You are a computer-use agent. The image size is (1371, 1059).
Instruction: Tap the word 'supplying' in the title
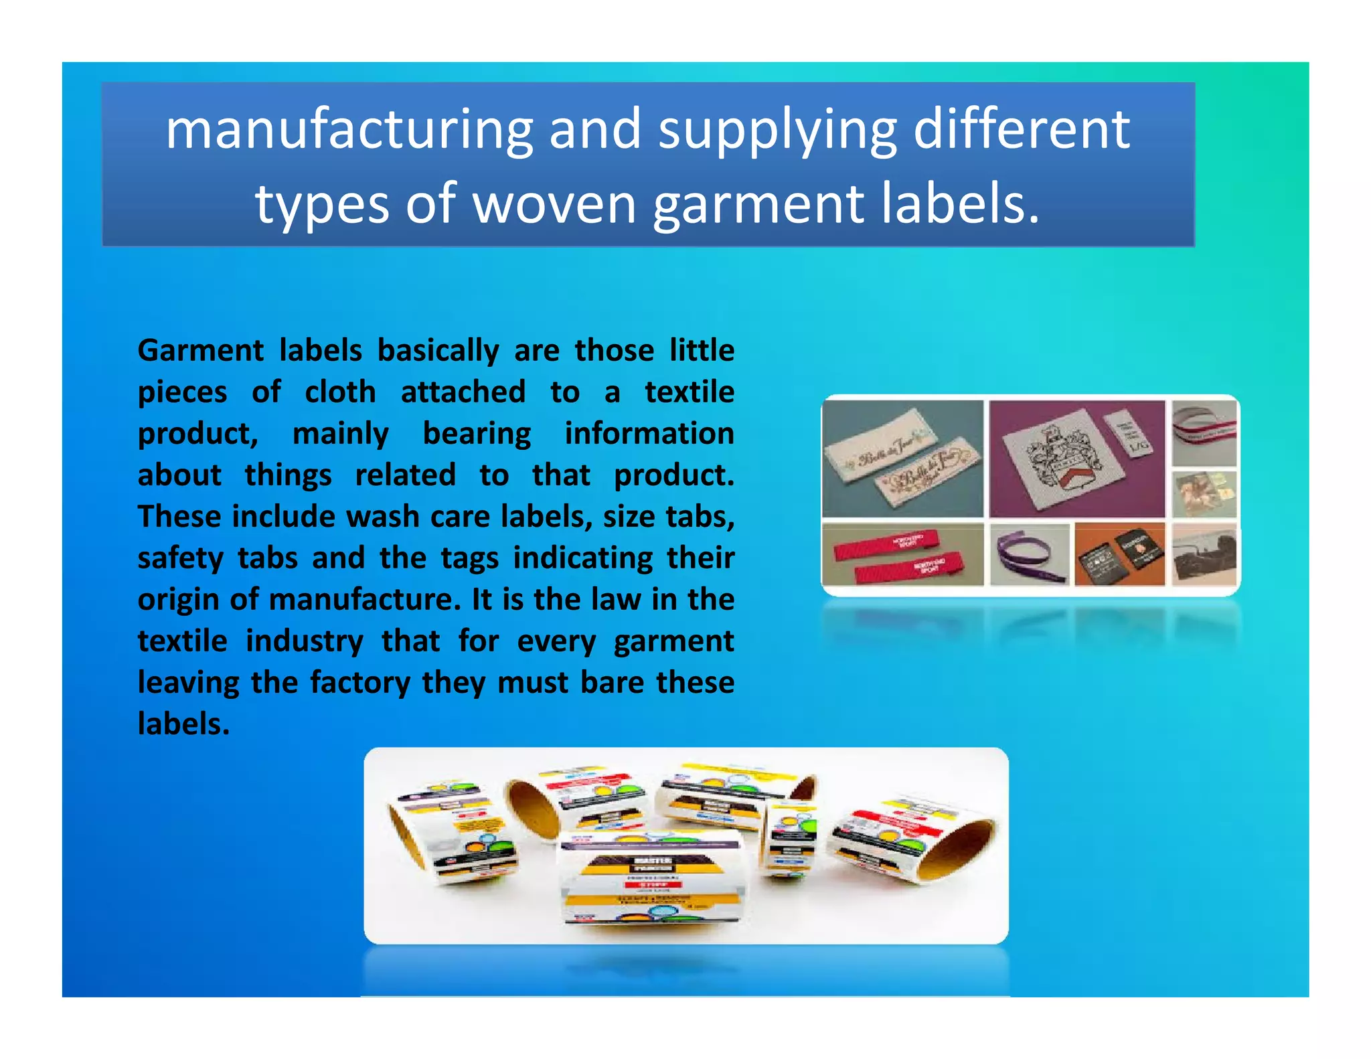[x=777, y=130]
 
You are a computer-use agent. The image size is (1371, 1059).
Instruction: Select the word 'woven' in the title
[x=555, y=204]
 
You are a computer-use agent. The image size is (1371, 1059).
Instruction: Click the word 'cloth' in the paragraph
[x=340, y=392]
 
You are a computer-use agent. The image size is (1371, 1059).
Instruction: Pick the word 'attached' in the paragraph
[x=463, y=392]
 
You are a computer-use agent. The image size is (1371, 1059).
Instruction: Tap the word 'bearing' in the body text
[x=477, y=434]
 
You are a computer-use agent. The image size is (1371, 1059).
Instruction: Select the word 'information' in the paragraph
[x=649, y=433]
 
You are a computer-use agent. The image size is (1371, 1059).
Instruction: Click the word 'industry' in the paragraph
[x=304, y=641]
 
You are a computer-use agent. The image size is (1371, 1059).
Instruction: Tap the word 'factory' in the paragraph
[x=359, y=683]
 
